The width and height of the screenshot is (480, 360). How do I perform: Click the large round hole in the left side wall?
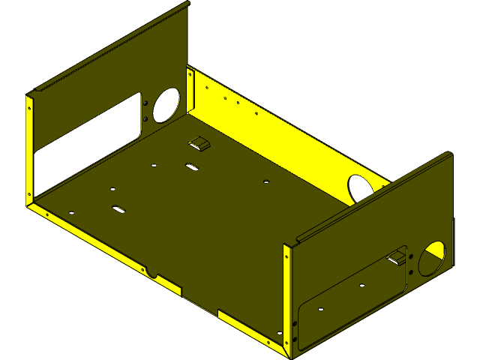coord(166,105)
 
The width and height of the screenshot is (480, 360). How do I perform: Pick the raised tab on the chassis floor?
coord(199,143)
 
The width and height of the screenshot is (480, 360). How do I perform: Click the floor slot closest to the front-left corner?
coord(118,208)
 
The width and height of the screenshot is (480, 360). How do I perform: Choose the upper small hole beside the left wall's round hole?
coord(146,103)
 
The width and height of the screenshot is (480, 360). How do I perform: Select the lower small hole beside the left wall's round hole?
coord(146,117)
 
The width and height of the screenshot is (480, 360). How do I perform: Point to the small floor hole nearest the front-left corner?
coord(72,211)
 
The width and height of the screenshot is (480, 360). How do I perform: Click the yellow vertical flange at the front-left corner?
coord(30,150)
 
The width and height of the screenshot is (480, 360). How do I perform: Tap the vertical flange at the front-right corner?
coord(287,296)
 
